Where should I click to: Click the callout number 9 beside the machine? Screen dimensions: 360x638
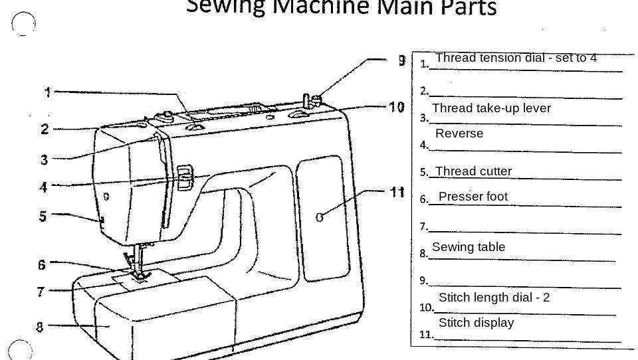coord(402,60)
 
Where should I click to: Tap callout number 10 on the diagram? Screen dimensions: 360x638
coord(397,107)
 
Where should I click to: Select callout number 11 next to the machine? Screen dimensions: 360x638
coord(397,192)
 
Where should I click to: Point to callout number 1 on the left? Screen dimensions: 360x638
coord(48,92)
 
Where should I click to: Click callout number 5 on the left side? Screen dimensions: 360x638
coord(43,216)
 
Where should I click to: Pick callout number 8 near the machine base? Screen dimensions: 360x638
coord(40,327)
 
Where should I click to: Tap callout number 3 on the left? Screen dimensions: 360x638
coord(44,159)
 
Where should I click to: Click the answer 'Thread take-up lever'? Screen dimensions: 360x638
coord(491,108)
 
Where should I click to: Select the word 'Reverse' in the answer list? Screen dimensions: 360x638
coord(459,134)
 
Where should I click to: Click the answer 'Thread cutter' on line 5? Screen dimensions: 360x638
coord(473,171)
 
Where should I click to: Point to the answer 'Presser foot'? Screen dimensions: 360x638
coord(473,197)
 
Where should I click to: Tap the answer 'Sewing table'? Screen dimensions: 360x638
coord(469,247)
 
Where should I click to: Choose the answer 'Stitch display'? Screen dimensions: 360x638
coord(476,323)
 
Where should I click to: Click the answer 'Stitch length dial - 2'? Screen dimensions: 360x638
coord(494,298)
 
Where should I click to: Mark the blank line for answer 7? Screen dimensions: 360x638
coord(525,231)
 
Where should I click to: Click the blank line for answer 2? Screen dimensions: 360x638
coord(525,96)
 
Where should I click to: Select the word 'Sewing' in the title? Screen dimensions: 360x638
coord(227,7)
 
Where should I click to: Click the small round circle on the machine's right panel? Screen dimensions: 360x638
coord(320,217)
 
